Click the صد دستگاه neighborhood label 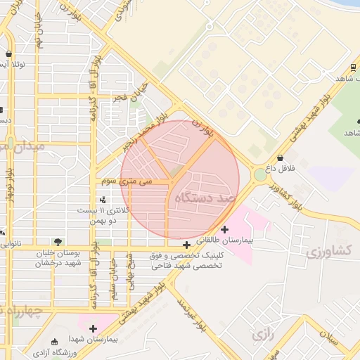[206, 199]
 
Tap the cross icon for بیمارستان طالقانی [224, 229]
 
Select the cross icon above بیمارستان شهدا [92, 328]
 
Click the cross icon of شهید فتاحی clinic [186, 245]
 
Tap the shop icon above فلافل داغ [281, 157]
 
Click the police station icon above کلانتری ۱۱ [103, 200]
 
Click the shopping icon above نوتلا [8, 53]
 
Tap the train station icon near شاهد [352, 68]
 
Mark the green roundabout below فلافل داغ [261, 174]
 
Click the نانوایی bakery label [11, 244]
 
